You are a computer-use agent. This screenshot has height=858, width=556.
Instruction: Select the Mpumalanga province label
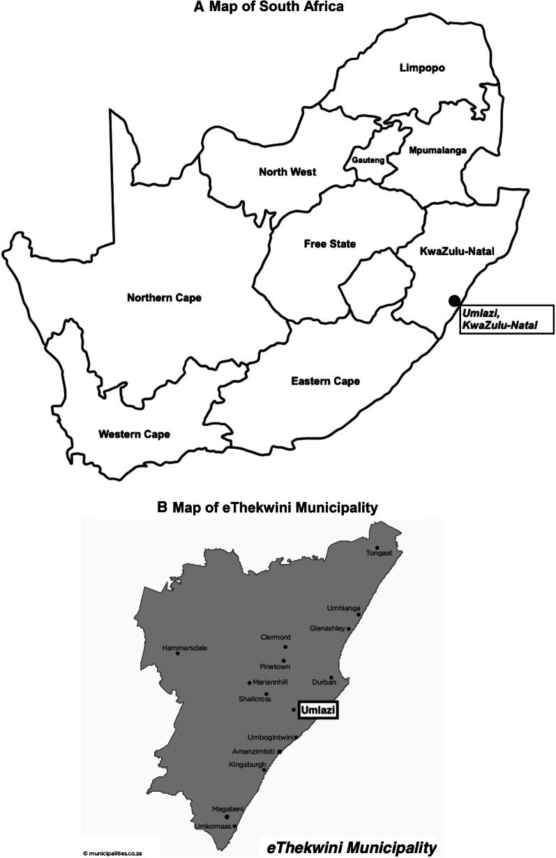[432, 150]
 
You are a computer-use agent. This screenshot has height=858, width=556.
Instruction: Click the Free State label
[330, 244]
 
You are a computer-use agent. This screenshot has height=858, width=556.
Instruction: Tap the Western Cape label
[134, 434]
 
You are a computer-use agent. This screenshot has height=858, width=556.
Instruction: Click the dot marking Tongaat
[377, 548]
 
